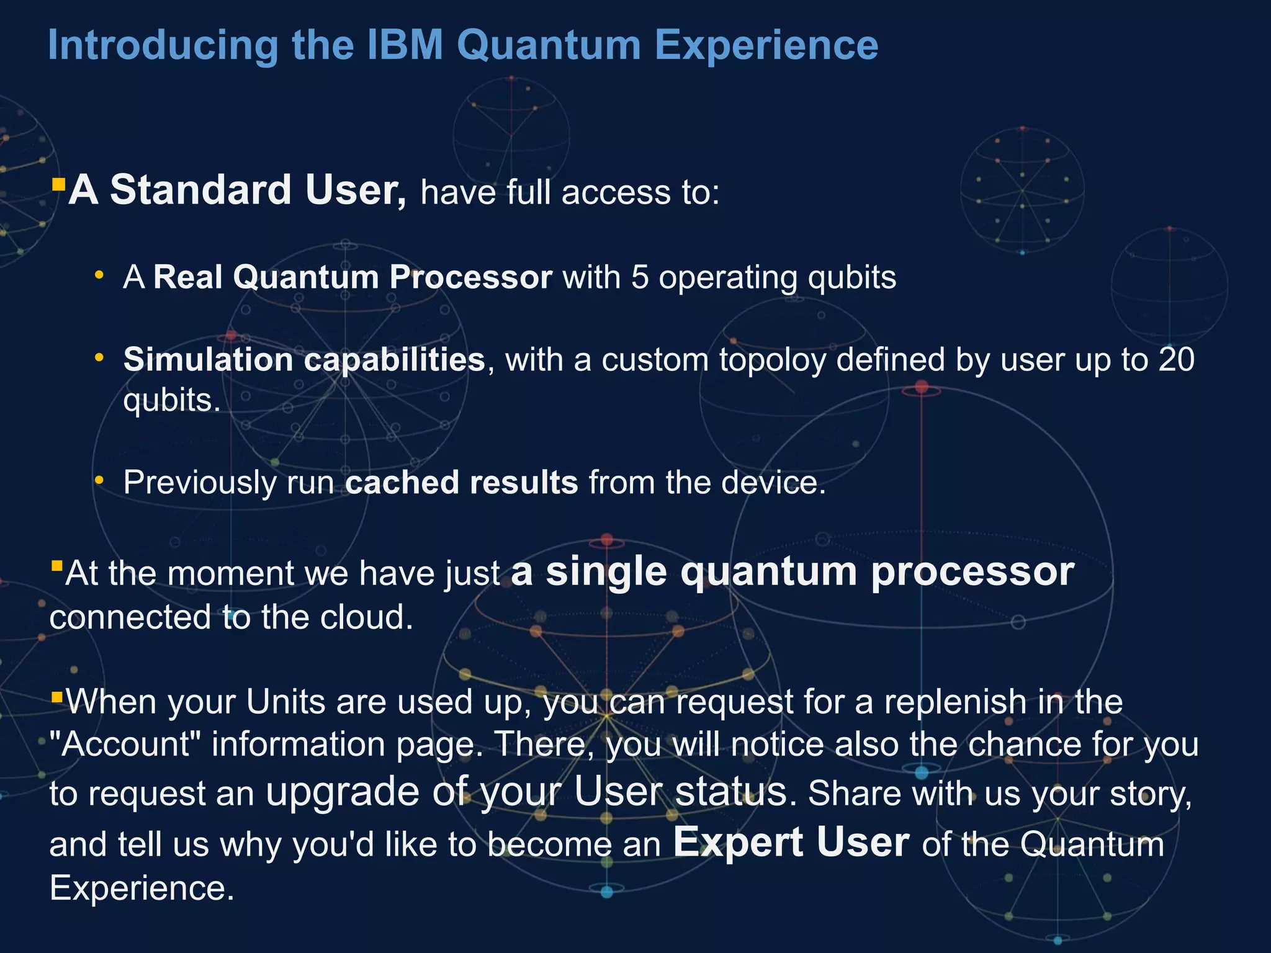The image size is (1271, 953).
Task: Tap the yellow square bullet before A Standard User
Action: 58,184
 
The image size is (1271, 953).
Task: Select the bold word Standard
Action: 200,190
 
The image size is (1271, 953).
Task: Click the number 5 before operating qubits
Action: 640,277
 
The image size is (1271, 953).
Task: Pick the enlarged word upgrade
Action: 343,793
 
